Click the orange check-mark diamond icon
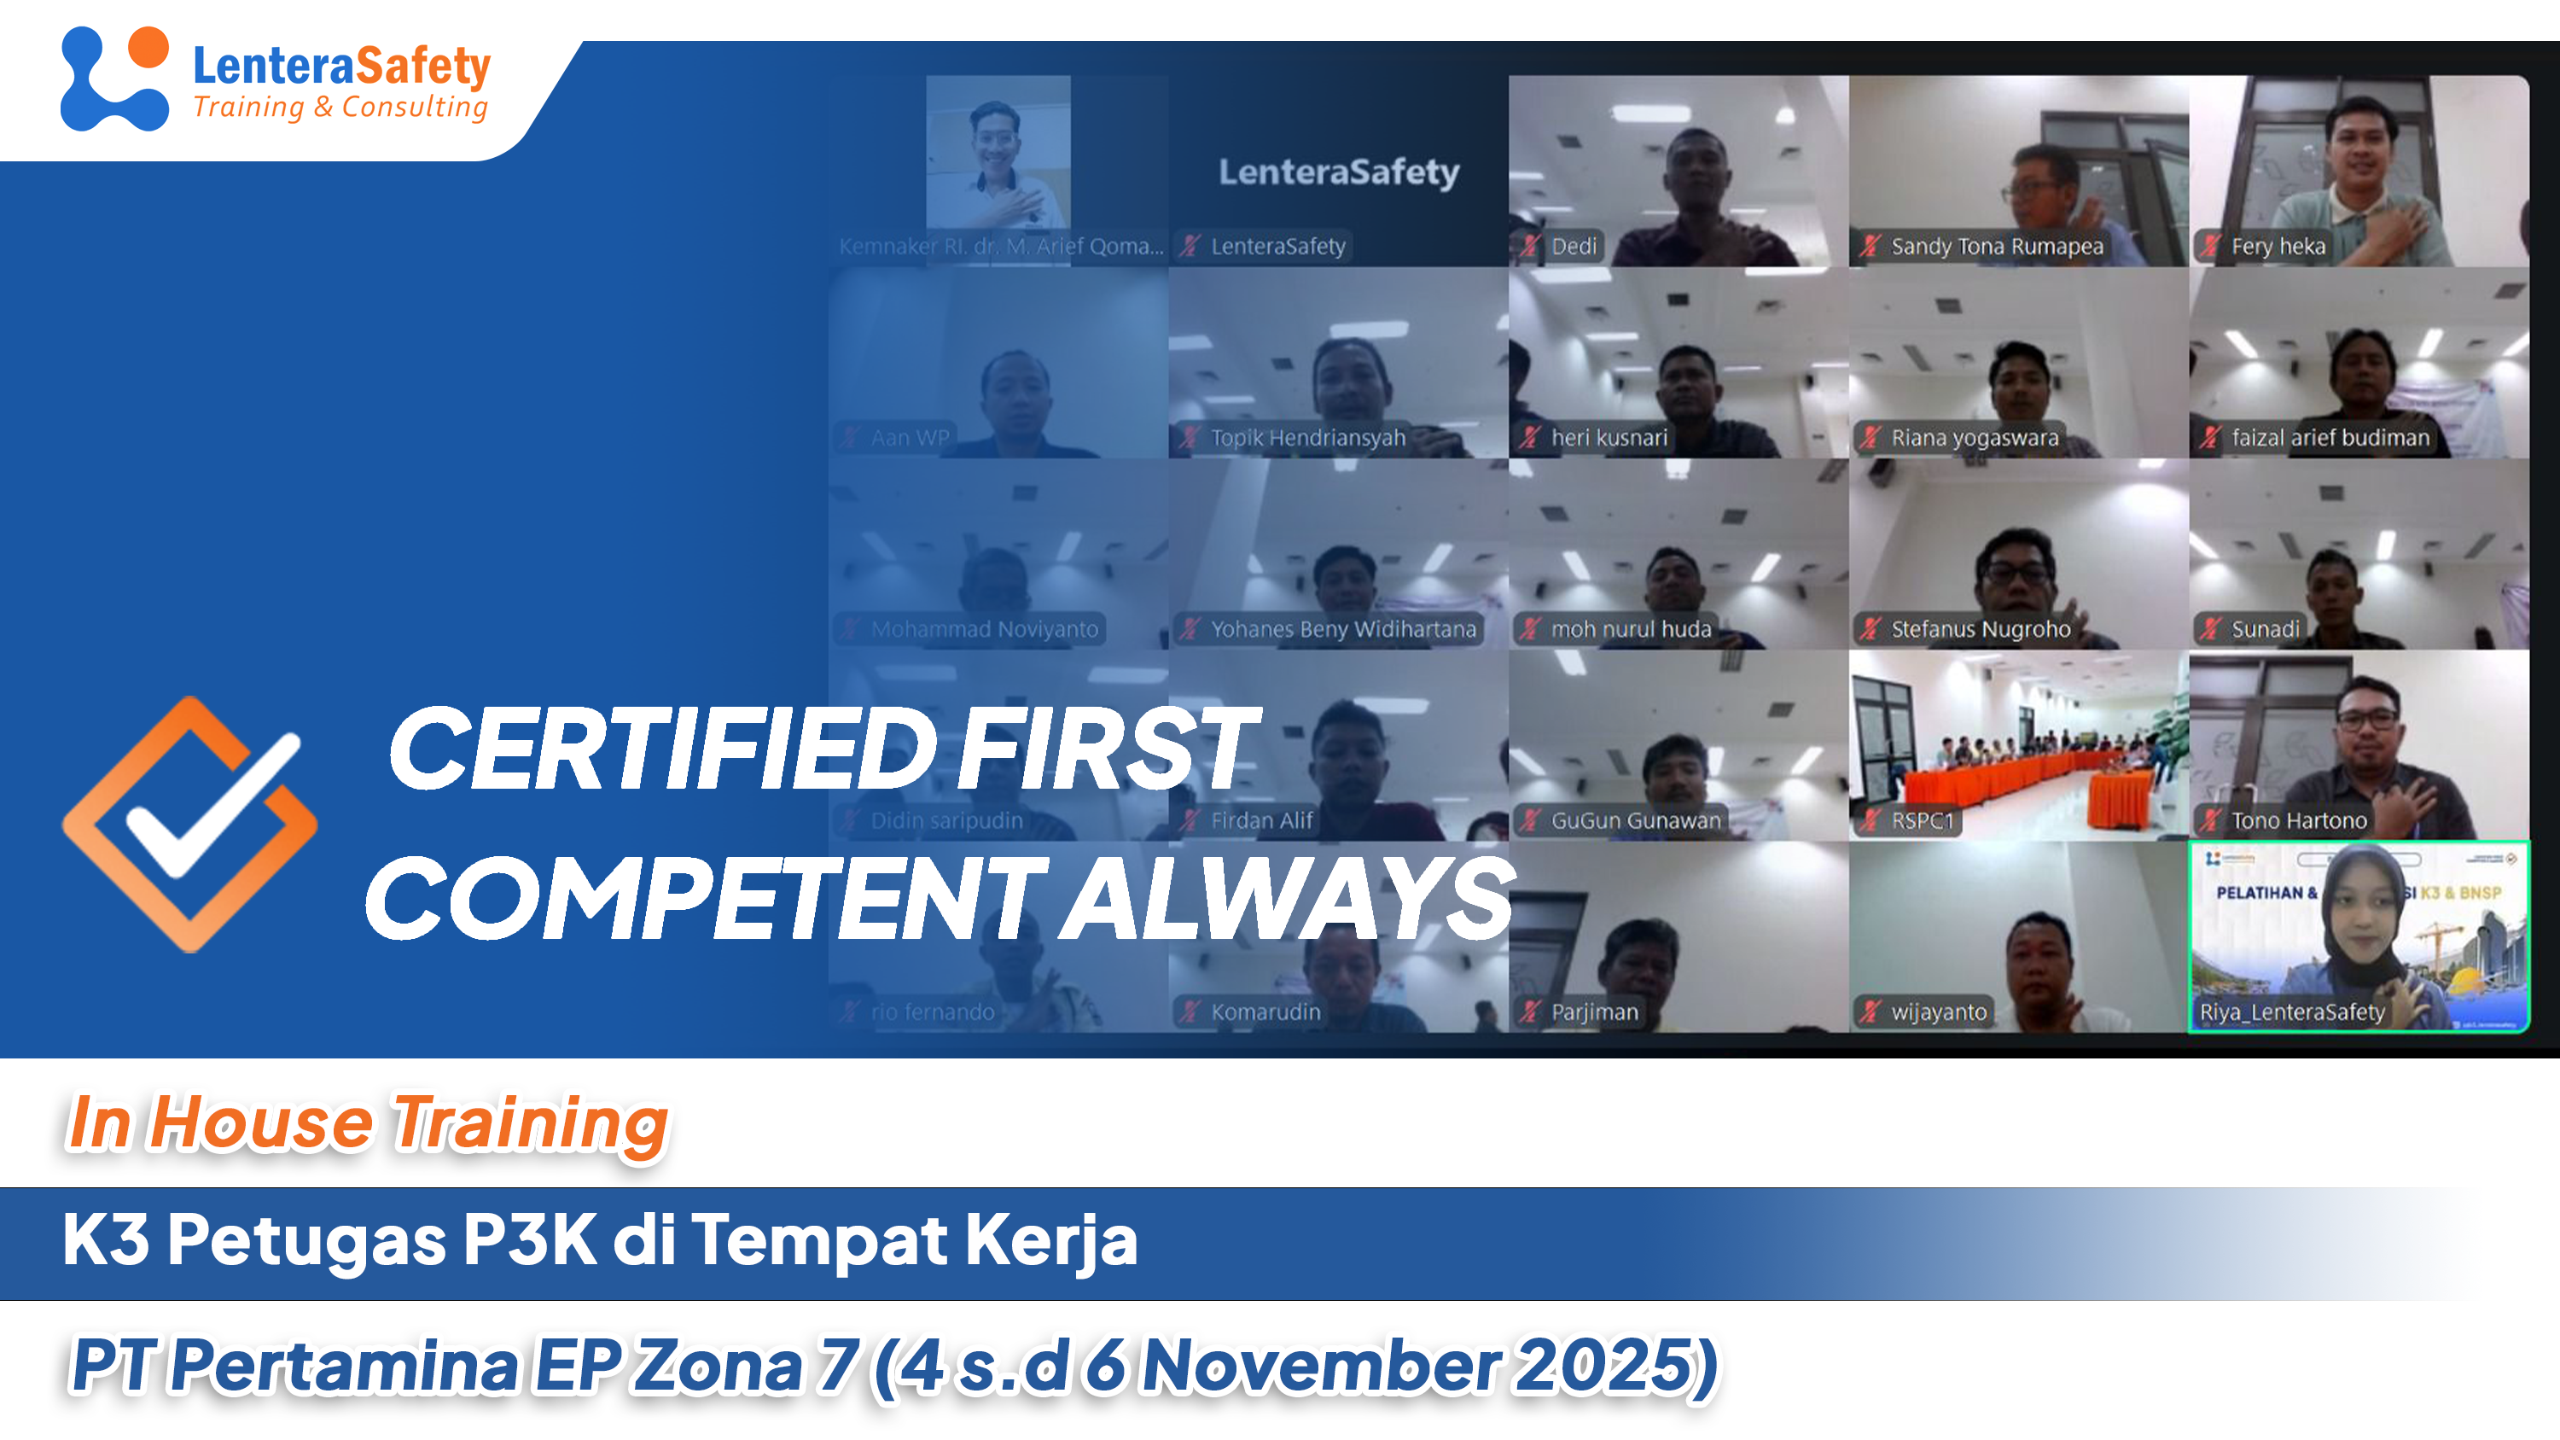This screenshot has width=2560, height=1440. pyautogui.click(x=189, y=825)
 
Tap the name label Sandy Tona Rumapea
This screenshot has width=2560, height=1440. pyautogui.click(x=1997, y=247)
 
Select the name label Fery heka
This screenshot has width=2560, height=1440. pyautogui.click(x=2278, y=247)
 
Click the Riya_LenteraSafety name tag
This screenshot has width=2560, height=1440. pyautogui.click(x=2292, y=1011)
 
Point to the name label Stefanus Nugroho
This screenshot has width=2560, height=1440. pyautogui.click(x=1980, y=629)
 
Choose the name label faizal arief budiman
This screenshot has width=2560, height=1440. pyautogui.click(x=2330, y=437)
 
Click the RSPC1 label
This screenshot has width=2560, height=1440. pyautogui.click(x=1922, y=821)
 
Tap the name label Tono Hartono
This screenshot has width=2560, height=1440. pyautogui.click(x=2299, y=821)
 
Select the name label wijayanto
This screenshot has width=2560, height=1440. pyautogui.click(x=1938, y=1011)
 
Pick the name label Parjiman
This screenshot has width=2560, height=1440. pyautogui.click(x=1594, y=1011)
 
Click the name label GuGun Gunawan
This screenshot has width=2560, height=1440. pyautogui.click(x=1635, y=821)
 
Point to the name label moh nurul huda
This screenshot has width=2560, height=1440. pyautogui.click(x=1631, y=629)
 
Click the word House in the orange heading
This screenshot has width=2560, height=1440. pyautogui.click(x=260, y=1123)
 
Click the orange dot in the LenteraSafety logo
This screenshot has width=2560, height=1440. pyautogui.click(x=148, y=47)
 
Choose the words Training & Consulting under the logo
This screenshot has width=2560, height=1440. pyautogui.click(x=340, y=107)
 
